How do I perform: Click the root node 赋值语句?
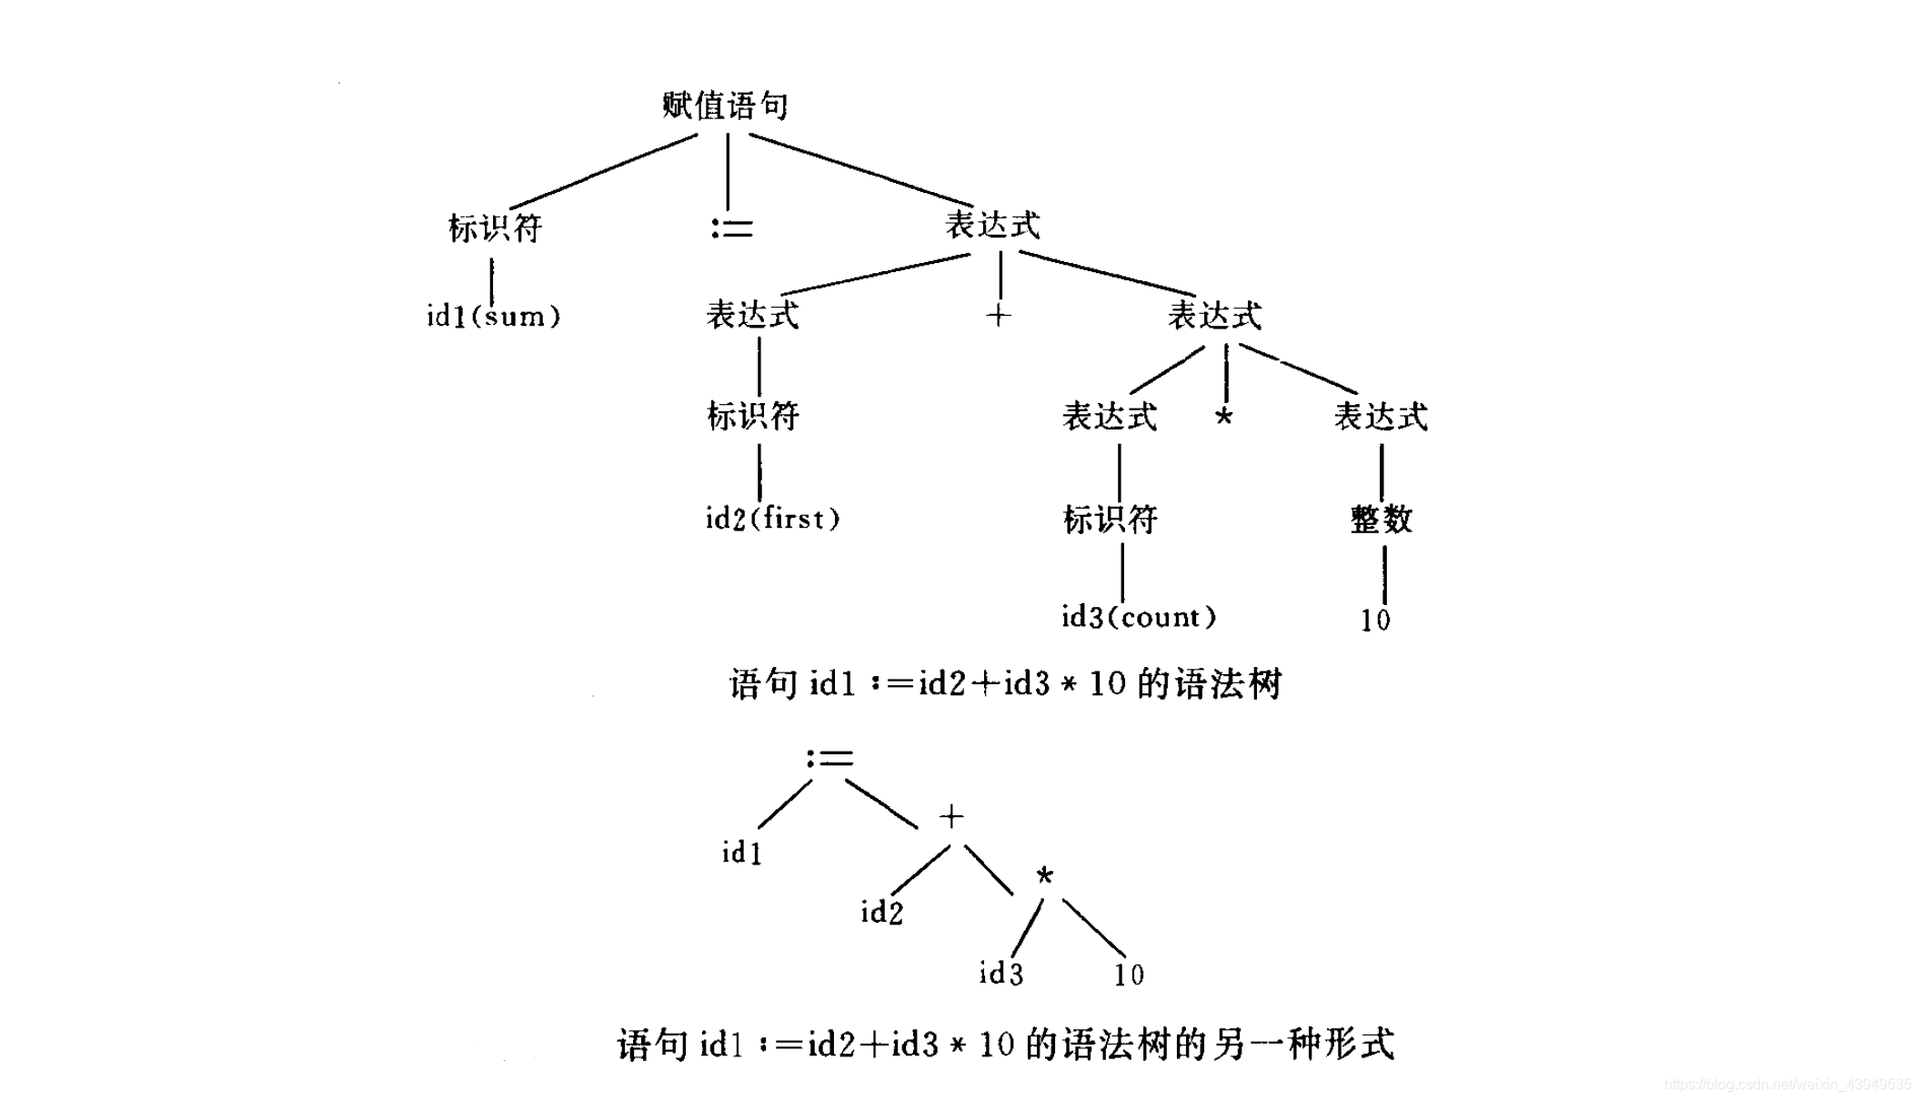point(725,106)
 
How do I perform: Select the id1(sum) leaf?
point(493,317)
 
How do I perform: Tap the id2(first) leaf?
point(772,519)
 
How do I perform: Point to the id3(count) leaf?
point(1138,617)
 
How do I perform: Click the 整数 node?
point(1381,520)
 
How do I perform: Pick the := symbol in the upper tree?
point(731,227)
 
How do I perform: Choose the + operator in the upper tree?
point(998,316)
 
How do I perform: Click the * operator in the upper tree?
point(1223,418)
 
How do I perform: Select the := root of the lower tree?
point(829,758)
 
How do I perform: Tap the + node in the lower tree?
point(951,816)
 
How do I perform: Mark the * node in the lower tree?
point(1044,876)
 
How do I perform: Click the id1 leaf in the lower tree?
point(741,853)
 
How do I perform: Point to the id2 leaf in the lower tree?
point(881,912)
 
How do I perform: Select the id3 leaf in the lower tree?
point(1000,974)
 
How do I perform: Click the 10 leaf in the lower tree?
point(1129,975)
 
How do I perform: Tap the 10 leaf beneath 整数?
point(1375,621)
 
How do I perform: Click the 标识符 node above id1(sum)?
point(495,228)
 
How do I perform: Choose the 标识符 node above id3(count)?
point(1110,520)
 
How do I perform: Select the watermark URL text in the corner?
point(1787,1085)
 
